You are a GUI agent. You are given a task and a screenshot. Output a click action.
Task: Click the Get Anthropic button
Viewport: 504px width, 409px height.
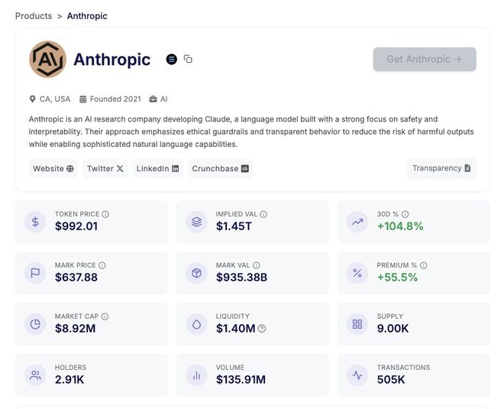coord(424,59)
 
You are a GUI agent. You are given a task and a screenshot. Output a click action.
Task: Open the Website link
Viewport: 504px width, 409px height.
coord(53,168)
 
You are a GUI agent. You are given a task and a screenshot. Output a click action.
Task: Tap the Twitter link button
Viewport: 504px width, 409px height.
coord(105,168)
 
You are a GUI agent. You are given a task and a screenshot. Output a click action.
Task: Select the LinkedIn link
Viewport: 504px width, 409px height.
coord(157,168)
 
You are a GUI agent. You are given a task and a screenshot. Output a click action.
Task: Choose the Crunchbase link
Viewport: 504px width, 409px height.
coord(221,168)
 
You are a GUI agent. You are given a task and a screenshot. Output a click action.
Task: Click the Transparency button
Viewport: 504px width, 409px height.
coord(441,168)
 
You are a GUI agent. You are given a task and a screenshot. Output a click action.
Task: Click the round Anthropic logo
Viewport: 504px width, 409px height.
coord(47,60)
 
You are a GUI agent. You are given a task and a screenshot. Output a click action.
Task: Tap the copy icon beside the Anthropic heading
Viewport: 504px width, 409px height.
coord(188,59)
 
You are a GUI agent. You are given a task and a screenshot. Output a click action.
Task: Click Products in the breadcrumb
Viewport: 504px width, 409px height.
coord(34,16)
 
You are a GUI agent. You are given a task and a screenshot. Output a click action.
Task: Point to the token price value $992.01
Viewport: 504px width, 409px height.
coord(76,226)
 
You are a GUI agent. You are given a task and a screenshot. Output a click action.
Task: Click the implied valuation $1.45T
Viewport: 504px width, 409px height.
coord(234,226)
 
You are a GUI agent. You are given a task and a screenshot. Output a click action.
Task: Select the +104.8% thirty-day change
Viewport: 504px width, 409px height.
coord(400,226)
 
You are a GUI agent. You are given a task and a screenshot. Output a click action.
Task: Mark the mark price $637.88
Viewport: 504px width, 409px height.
coord(76,278)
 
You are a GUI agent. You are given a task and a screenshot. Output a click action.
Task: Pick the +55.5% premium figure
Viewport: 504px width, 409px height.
coord(397,278)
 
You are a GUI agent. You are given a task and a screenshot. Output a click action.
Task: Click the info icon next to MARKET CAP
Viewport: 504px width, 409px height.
coord(105,316)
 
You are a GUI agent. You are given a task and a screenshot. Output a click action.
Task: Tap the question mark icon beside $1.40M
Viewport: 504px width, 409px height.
coord(262,329)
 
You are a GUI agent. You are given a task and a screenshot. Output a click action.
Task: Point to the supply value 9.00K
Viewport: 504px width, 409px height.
coord(393,329)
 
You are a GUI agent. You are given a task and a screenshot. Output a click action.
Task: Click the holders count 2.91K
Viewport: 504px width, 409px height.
coord(70,380)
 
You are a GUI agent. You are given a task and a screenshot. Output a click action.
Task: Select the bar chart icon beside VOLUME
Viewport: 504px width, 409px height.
coord(196,375)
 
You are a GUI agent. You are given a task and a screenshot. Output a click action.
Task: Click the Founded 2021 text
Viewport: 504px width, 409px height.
coord(115,99)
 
